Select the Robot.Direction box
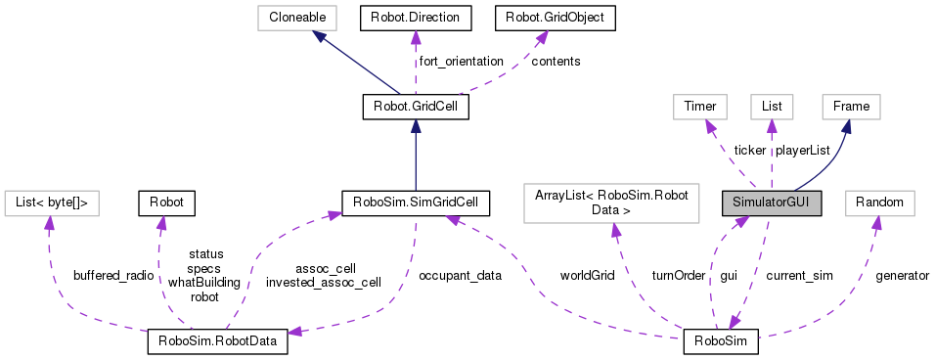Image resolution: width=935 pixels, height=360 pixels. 416,17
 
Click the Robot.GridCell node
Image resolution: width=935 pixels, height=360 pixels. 417,107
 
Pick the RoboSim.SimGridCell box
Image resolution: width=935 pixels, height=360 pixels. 416,202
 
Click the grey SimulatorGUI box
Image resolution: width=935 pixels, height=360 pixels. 771,202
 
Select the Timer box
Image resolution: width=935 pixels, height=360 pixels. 695,107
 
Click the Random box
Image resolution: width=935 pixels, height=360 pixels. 880,202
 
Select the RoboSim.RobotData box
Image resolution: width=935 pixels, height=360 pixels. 218,341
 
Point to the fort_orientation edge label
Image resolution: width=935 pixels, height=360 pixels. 461,61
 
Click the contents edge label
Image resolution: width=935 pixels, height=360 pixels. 556,61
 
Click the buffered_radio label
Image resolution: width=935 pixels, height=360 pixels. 113,276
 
